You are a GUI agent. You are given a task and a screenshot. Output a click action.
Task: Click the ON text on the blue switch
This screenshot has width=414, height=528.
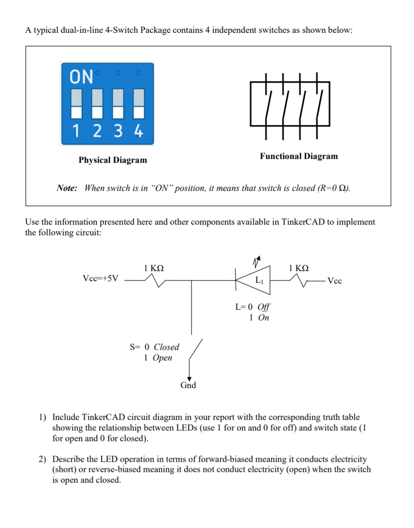tap(82, 76)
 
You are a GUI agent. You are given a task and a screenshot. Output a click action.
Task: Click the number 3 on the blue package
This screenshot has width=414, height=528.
tap(118, 131)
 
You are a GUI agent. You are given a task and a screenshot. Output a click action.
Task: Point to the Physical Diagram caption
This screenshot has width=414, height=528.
tap(113, 160)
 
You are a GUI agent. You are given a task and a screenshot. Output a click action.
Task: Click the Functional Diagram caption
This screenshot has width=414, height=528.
tap(298, 156)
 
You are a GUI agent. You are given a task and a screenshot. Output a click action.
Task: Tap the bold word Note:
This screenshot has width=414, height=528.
tap(67, 188)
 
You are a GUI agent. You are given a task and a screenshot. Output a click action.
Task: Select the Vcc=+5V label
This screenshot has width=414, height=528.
tap(100, 279)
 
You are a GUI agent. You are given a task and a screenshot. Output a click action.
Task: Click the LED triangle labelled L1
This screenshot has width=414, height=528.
tap(255, 279)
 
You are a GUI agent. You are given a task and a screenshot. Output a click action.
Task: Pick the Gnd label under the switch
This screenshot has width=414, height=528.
tap(188, 385)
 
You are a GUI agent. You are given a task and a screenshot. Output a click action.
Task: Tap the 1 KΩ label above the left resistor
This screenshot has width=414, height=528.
tap(154, 268)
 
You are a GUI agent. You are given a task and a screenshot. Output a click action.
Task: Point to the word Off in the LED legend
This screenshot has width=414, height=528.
tap(264, 307)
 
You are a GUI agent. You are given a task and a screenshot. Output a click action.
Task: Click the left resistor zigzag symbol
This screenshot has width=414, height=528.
tap(153, 279)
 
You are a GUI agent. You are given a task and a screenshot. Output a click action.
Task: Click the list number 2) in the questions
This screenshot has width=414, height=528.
tap(43, 459)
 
